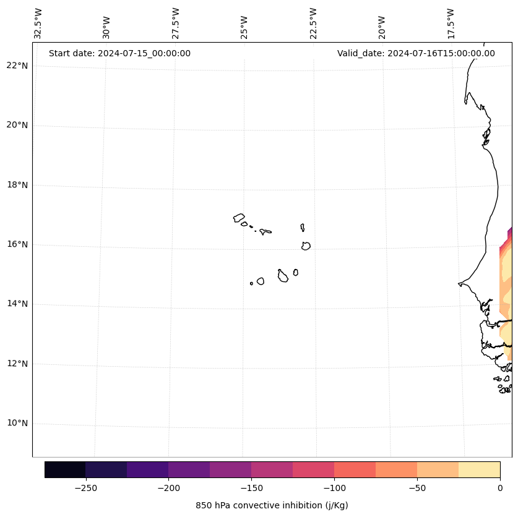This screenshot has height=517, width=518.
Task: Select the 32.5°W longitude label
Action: coord(38,23)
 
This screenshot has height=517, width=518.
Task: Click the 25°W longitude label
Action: coord(244,27)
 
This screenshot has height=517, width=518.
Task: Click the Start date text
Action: coord(119,53)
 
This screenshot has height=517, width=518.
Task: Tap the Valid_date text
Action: coord(416,53)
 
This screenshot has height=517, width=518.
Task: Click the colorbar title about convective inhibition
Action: coord(272,505)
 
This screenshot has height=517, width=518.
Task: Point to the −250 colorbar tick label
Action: coord(85,488)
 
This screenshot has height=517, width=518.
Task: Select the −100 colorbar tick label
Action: coord(334,488)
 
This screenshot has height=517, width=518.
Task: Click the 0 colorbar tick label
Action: coord(500,488)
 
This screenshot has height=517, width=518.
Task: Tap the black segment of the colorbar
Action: coord(65,469)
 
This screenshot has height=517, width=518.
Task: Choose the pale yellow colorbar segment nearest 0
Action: coord(479,469)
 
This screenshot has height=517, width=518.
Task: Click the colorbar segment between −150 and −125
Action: coord(272,469)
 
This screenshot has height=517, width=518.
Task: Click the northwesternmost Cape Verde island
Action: coord(239,218)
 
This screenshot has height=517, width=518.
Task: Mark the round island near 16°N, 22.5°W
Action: coord(306,246)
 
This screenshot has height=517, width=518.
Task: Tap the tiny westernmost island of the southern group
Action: coord(251,283)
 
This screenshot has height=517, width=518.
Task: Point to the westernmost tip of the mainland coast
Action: coord(459,284)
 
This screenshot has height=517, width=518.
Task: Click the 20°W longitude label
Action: coord(382,27)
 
